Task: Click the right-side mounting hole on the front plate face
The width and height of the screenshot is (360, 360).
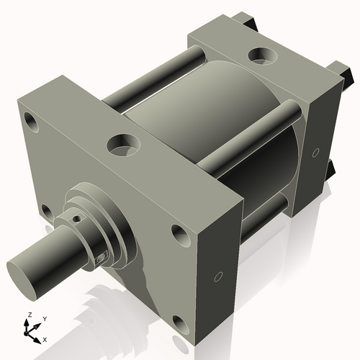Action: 178,233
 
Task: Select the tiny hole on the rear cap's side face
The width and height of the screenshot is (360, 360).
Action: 316,152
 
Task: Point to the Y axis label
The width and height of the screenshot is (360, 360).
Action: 44,319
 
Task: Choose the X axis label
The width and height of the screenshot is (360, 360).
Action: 45,338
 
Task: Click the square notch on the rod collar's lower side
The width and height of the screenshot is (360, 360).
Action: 102,256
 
